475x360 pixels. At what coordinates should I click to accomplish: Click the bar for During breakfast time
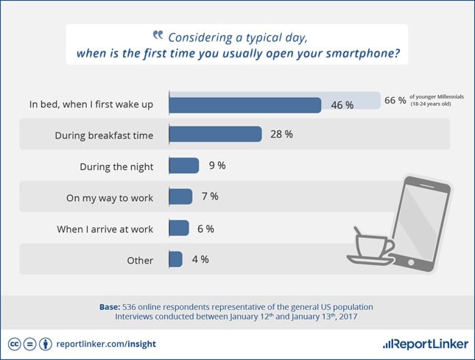coord(215,134)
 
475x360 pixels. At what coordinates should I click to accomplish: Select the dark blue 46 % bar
coord(244,105)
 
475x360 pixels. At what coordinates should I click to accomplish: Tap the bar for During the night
coord(183,166)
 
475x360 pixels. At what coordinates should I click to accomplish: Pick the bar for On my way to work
coord(180,197)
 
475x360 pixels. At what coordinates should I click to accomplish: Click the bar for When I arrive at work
coord(179,228)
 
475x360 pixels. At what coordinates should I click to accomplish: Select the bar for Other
coord(175,259)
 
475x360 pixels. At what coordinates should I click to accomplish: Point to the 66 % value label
coord(395,101)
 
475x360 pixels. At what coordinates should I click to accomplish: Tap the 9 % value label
coord(217,166)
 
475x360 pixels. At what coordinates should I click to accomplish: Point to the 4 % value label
coord(200,259)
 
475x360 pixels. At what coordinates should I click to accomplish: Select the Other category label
coord(139,260)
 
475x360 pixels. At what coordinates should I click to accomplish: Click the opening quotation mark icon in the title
coord(157,35)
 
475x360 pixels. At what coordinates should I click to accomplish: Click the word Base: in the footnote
coord(112,306)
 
